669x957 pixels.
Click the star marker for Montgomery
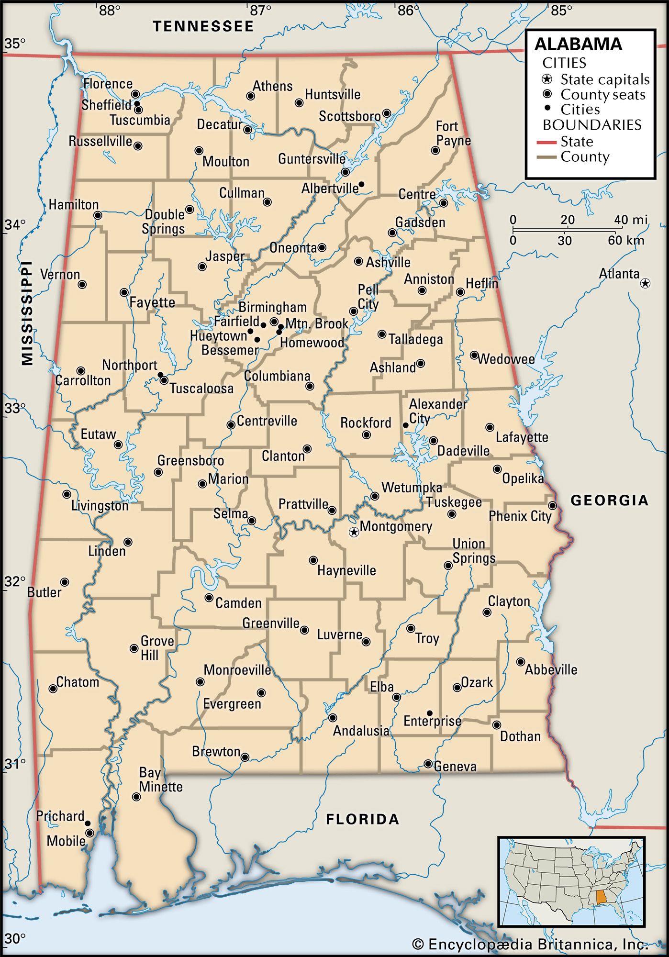click(x=354, y=532)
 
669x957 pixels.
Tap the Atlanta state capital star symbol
click(x=645, y=283)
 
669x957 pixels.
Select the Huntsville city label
click(x=333, y=94)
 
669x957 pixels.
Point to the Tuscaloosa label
click(x=201, y=388)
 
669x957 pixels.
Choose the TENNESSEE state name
click(x=203, y=26)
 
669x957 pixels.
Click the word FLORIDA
click(x=362, y=819)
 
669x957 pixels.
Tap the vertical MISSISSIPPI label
click(x=27, y=313)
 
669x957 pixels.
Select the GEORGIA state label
click(x=610, y=501)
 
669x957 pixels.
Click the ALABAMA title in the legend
click(x=578, y=44)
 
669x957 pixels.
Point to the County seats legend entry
click(x=602, y=94)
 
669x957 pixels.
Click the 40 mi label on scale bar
click(x=631, y=220)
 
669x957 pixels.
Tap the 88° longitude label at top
click(x=109, y=10)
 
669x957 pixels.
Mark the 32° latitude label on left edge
click(x=14, y=581)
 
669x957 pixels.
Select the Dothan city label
click(x=520, y=736)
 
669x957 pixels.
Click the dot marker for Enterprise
click(x=429, y=713)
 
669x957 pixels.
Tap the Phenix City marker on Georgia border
click(x=552, y=505)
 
